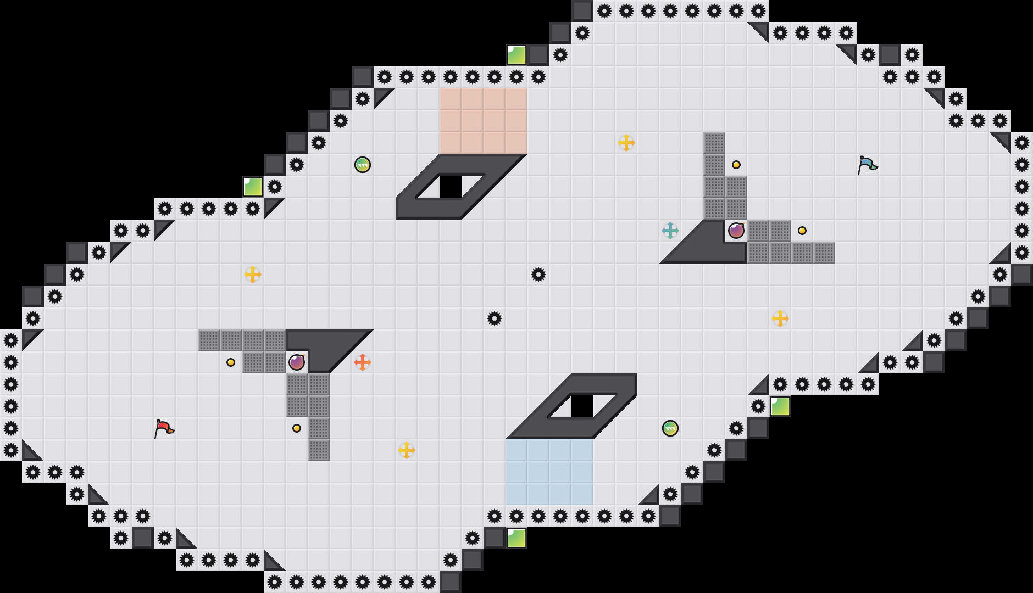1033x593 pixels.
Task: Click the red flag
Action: coord(164,428)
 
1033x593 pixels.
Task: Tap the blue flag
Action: coord(867,164)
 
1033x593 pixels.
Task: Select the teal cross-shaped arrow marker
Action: coord(670,231)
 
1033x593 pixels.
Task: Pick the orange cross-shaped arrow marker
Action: coord(363,362)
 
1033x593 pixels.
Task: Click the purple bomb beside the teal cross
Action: coord(736,231)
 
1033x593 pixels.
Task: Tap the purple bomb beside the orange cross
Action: coord(297,362)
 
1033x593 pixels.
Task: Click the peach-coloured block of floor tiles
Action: coord(484,121)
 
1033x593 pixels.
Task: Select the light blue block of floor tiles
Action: coord(549,472)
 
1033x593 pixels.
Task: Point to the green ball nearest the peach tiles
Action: coord(363,165)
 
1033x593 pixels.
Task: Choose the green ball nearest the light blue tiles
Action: coord(670,428)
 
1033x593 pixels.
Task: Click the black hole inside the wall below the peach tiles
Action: coord(451,187)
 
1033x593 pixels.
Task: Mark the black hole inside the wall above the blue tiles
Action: coord(582,406)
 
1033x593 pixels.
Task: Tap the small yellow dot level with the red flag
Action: coord(297,428)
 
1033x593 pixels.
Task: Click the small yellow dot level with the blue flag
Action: coord(736,165)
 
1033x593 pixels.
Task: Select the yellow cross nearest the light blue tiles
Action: coord(407,450)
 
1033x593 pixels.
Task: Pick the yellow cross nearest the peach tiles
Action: coord(626,143)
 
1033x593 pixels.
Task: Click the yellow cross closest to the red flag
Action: coord(253,275)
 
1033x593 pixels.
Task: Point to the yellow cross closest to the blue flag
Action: coord(780,318)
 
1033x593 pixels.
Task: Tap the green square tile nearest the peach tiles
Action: coord(516,55)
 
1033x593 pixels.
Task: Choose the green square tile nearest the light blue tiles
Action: coord(516,538)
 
